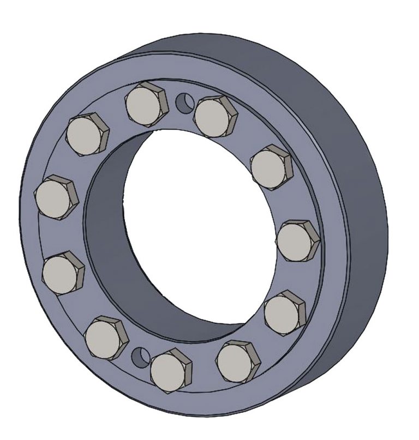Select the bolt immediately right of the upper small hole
click(214, 116)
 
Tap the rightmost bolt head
click(297, 240)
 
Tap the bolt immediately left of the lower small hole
click(105, 336)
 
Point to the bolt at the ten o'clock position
click(87, 134)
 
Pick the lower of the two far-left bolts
click(63, 272)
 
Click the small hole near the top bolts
click(185, 101)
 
